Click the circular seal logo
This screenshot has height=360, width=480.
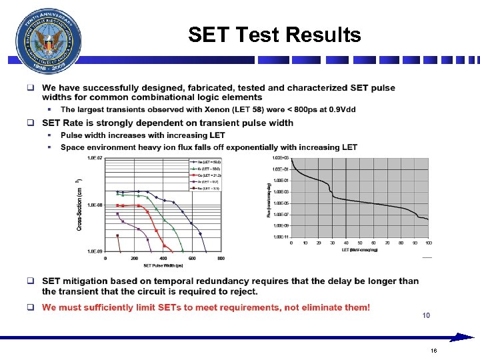click(x=46, y=41)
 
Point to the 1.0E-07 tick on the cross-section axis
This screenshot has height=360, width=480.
click(x=94, y=158)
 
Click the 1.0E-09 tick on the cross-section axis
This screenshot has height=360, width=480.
click(x=94, y=251)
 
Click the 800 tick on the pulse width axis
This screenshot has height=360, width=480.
click(x=221, y=258)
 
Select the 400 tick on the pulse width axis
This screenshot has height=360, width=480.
click(x=163, y=258)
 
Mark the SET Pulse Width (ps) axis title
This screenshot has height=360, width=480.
click(x=162, y=265)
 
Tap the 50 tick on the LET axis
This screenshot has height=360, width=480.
click(x=359, y=243)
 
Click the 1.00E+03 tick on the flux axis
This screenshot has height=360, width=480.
click(x=280, y=158)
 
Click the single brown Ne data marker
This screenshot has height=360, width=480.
click(x=117, y=235)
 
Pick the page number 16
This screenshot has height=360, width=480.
click(x=433, y=350)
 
